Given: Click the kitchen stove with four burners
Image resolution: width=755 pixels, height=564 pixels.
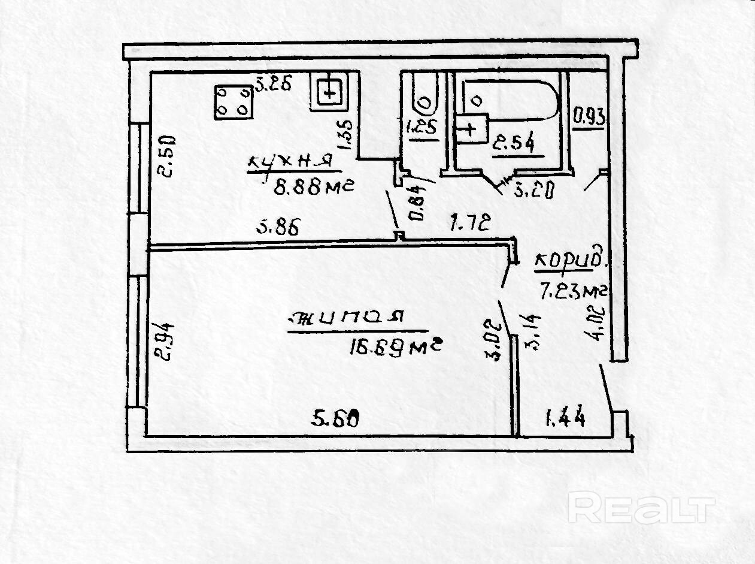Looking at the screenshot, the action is [x=234, y=101].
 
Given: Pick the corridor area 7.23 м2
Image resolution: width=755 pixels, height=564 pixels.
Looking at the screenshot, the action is [x=574, y=291].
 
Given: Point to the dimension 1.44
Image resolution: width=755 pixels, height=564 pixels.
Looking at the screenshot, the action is [x=564, y=416].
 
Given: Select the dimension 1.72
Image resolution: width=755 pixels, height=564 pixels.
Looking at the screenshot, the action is [x=471, y=224].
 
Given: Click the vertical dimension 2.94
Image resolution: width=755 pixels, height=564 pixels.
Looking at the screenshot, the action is [x=166, y=340].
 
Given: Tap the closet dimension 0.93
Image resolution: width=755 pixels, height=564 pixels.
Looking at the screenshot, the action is [x=589, y=116].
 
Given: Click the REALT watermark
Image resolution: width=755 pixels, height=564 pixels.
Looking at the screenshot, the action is [x=641, y=508].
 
